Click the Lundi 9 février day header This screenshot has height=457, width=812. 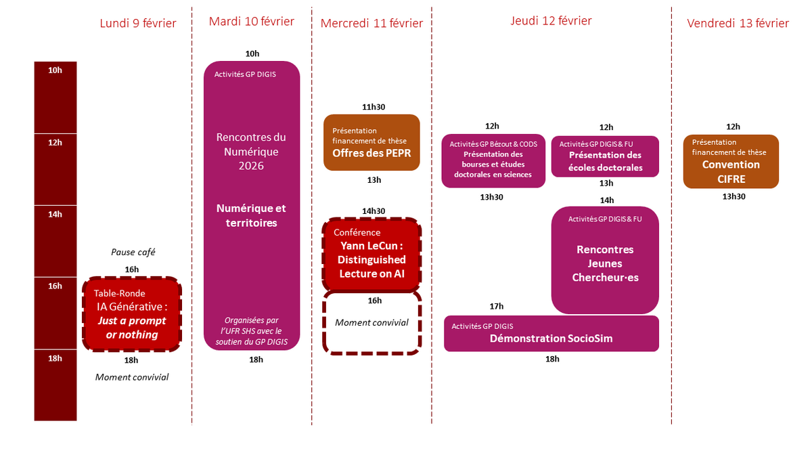(x=138, y=24)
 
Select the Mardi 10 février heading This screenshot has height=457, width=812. (x=252, y=22)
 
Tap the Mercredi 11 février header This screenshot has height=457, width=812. (x=371, y=24)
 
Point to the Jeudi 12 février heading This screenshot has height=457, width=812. (x=551, y=21)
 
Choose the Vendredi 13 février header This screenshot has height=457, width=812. (x=738, y=24)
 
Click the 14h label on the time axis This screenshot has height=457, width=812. (x=55, y=214)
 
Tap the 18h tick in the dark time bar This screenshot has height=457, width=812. (x=55, y=358)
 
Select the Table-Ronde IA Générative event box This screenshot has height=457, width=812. (x=132, y=314)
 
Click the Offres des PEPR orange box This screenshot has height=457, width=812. (x=371, y=142)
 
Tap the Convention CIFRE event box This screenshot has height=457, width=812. (x=731, y=161)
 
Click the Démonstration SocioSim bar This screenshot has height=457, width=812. (x=551, y=333)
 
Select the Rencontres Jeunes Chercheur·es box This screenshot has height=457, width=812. (x=605, y=261)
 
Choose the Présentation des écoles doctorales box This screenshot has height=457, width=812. (x=605, y=156)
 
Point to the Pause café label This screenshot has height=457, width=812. (x=133, y=252)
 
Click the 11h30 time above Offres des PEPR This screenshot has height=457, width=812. (x=373, y=107)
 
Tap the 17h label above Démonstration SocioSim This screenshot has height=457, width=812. (x=496, y=307)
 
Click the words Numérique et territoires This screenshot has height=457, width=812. (x=251, y=215)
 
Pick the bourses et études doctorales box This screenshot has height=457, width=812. (x=493, y=160)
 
